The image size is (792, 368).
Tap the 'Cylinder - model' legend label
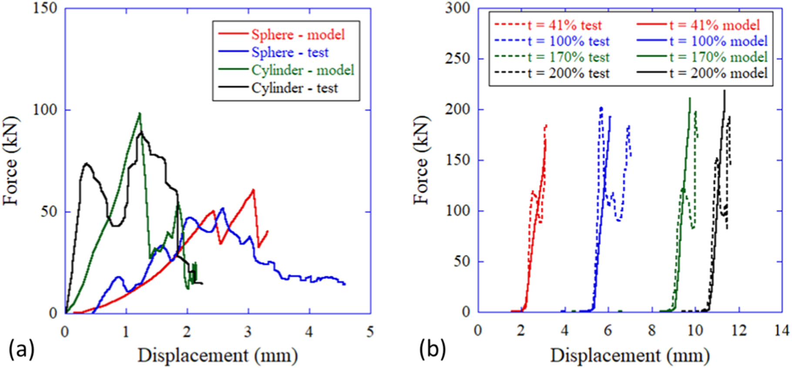click(x=302, y=70)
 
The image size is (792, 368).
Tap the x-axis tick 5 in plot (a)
click(x=370, y=332)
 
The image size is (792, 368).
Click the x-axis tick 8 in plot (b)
click(x=651, y=331)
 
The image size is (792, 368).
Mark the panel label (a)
click(x=21, y=349)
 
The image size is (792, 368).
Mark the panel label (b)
click(x=432, y=349)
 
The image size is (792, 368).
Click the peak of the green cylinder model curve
click(x=140, y=113)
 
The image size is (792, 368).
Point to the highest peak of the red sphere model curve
click(x=253, y=189)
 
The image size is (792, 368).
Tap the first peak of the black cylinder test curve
click(x=87, y=164)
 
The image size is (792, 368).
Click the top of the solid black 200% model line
click(x=724, y=90)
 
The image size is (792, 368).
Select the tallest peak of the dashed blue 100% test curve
click(x=601, y=107)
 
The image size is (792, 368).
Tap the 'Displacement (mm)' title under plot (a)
click(x=218, y=356)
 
